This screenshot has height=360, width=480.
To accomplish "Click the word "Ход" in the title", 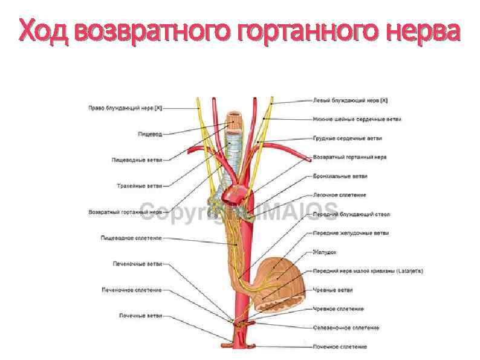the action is click(45, 30).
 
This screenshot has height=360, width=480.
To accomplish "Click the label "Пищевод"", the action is click(149, 134).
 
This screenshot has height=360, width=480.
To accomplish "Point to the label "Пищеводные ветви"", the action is click(137, 160).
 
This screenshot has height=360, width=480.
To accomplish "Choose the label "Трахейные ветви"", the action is click(139, 186).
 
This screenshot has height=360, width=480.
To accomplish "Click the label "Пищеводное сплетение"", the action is click(131, 238).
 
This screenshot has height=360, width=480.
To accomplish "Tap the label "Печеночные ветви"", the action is click(137, 264).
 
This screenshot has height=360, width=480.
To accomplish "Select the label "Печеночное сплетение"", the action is click(132, 290).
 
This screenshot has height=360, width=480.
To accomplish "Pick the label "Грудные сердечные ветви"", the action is click(348, 138).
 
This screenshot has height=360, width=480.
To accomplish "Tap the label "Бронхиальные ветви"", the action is click(340, 176).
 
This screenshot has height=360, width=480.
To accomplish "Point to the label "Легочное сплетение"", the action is click(339, 195).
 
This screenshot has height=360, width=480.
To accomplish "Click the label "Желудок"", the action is click(325, 252).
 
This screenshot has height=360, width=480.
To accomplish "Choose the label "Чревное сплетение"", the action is click(338, 309).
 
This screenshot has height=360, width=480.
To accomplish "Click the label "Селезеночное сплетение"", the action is click(346, 328).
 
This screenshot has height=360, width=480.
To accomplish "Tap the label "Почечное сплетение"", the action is click(340, 347).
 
